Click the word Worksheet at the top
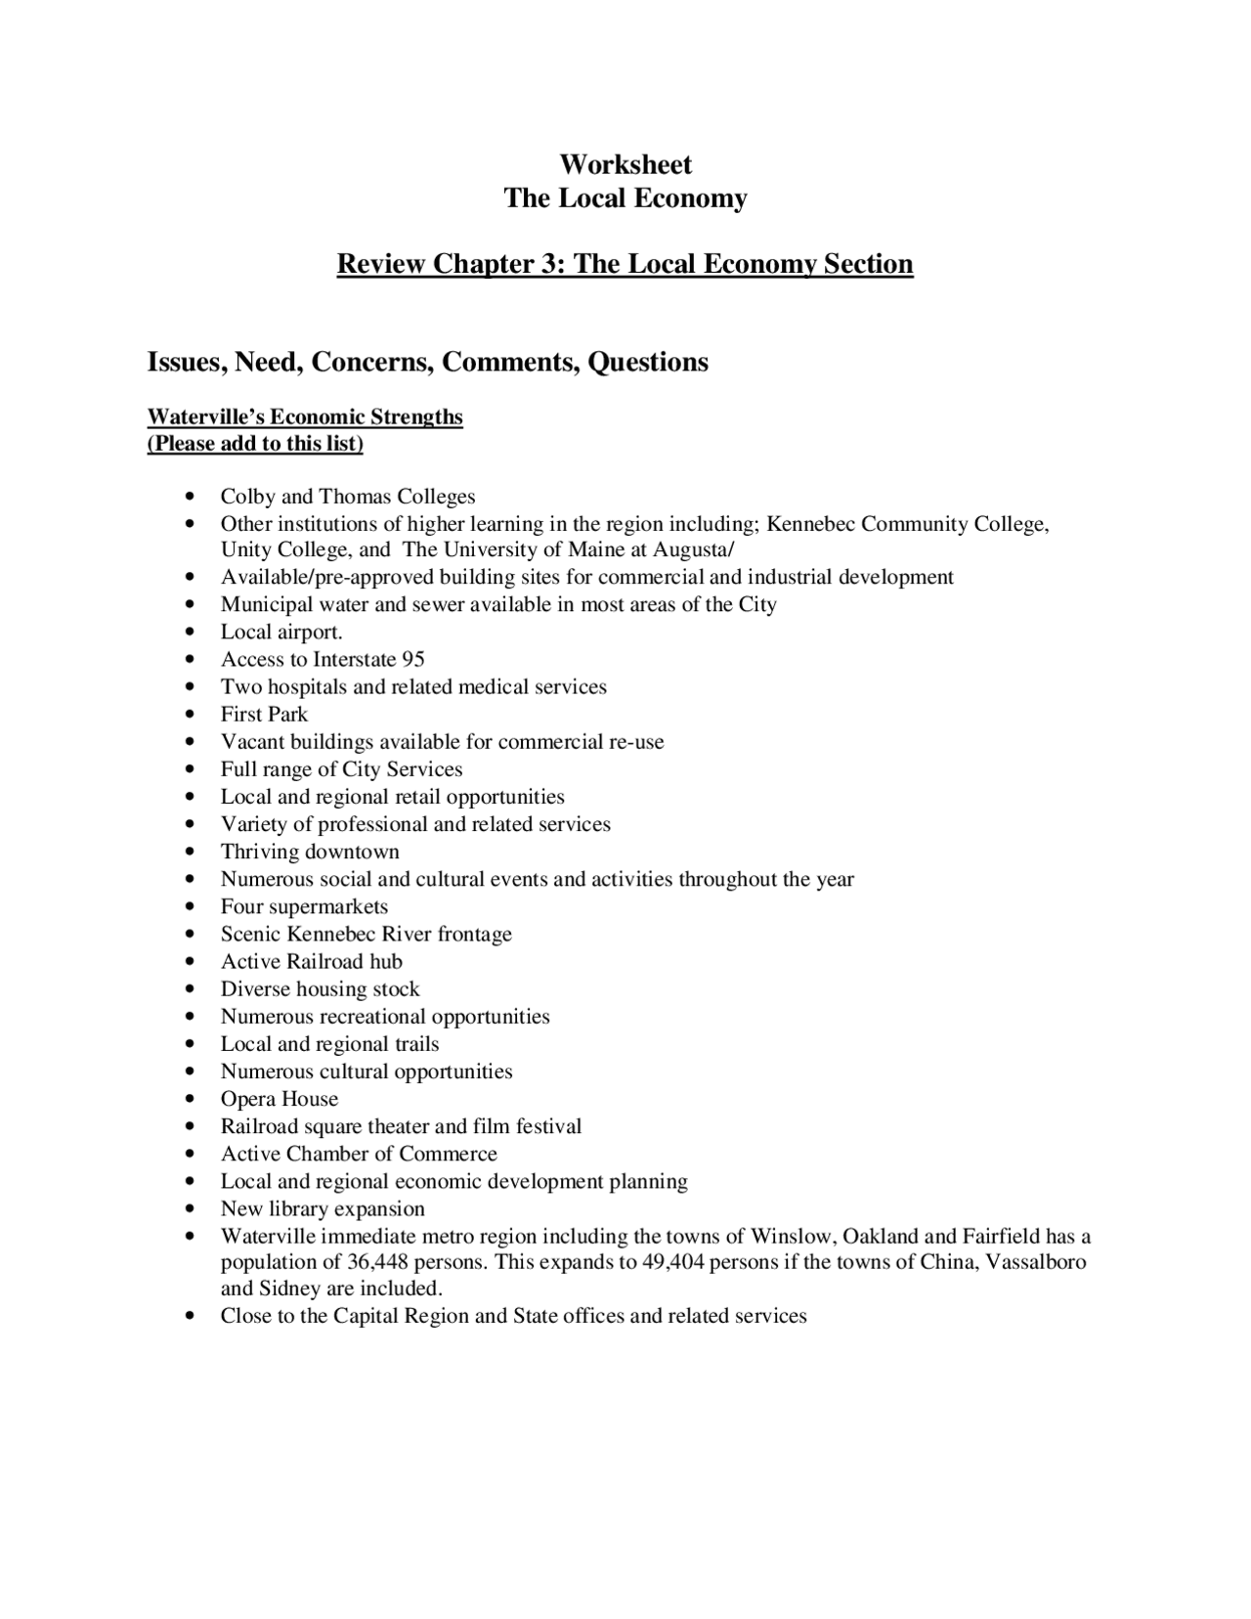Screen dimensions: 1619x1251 point(625,164)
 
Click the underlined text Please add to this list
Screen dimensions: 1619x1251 point(256,444)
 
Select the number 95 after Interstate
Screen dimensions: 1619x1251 point(413,660)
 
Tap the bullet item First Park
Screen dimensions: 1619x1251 point(264,715)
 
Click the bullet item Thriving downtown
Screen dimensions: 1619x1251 point(310,852)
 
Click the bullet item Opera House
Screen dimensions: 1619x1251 point(279,1099)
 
